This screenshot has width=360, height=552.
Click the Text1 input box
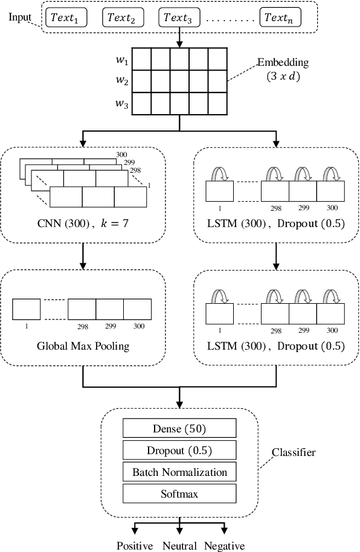(66, 18)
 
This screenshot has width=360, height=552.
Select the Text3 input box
(179, 18)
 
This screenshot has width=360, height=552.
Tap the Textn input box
(280, 18)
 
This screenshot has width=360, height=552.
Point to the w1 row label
(121, 61)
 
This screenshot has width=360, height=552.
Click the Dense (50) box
(179, 429)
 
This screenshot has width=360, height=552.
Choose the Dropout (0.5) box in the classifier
(179, 451)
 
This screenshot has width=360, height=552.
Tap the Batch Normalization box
(179, 472)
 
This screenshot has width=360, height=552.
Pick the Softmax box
(179, 494)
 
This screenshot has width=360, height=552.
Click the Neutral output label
(179, 546)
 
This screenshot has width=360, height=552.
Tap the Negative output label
(224, 546)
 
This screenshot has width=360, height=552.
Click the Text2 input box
(123, 18)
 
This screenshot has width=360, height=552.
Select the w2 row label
(121, 81)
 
